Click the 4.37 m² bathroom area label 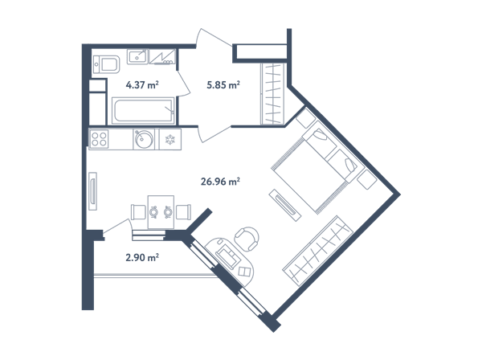[142, 84]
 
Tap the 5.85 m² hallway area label [223, 84]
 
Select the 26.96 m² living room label [220, 182]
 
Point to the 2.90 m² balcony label [142, 257]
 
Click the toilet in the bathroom [106, 64]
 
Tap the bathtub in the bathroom [143, 111]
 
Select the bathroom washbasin [137, 56]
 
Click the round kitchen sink [144, 139]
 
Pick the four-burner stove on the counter [99, 139]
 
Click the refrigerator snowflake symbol [170, 140]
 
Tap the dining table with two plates [161, 212]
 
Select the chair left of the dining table [138, 212]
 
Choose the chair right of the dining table [183, 212]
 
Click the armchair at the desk [247, 239]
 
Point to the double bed [317, 166]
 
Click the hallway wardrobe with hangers [272, 94]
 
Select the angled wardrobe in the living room [318, 251]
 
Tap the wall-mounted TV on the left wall [93, 191]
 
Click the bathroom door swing [184, 84]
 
